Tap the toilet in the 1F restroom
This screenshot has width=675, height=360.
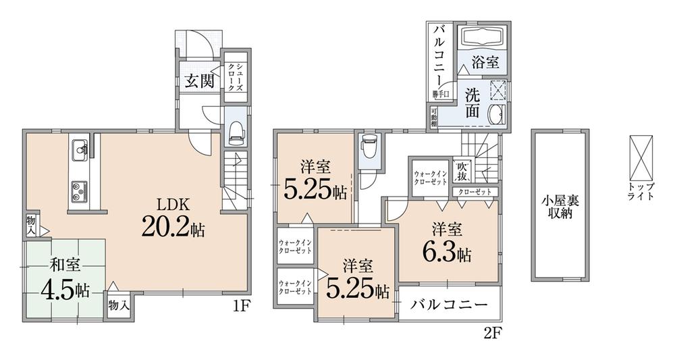(236, 132)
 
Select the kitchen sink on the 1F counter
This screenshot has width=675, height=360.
(79, 148)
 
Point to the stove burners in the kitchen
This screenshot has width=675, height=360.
(78, 188)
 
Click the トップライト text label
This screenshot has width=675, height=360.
(640, 191)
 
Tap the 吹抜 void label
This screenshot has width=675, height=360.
(462, 172)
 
